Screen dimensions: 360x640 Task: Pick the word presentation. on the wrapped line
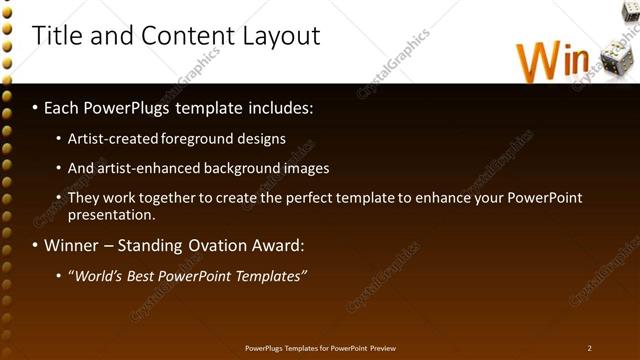pos(111,214)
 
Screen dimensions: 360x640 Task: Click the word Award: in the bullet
pos(281,245)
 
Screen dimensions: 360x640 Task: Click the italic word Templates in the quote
pos(268,276)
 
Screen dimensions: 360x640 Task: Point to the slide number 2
pos(589,348)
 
